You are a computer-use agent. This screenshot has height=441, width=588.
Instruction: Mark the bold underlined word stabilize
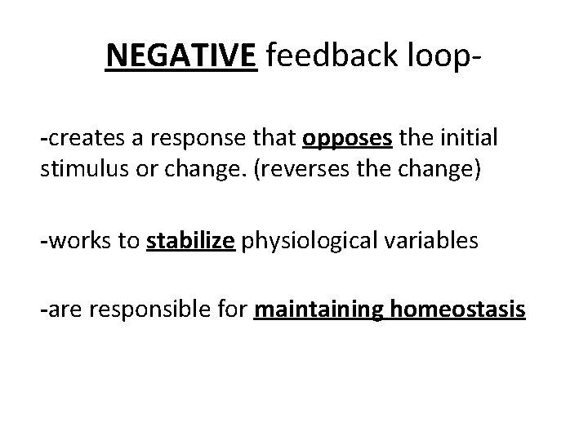[x=189, y=243]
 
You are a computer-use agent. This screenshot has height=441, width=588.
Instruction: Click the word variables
[x=438, y=243]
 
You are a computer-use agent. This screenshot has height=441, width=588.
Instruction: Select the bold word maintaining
[x=307, y=312]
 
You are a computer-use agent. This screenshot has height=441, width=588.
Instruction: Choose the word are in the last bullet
[x=60, y=312]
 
